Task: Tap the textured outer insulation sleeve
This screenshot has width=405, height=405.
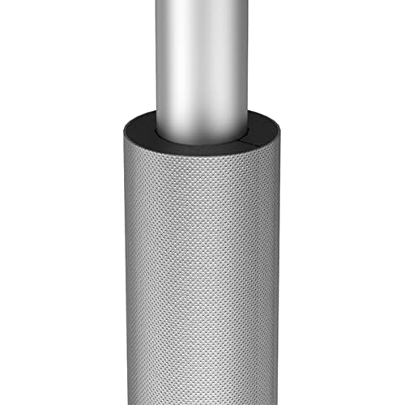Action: tap(202, 267)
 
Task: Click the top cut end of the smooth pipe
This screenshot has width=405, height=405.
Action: tap(202, 2)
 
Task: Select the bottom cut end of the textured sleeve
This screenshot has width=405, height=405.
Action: tap(202, 403)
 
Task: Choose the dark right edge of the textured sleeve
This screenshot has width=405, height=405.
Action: tap(278, 267)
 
